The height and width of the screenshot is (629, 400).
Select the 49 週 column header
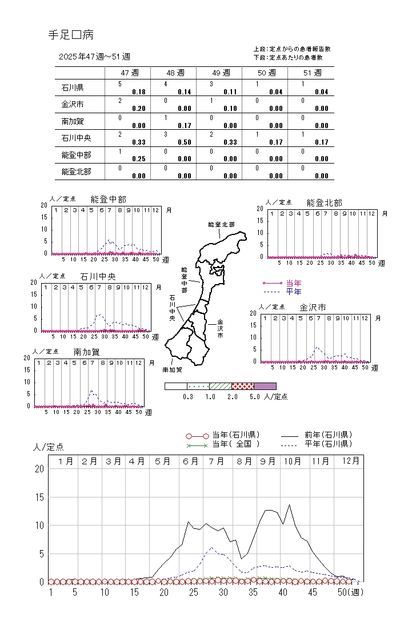pyautogui.click(x=219, y=73)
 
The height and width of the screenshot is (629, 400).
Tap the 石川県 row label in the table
pyautogui.click(x=73, y=88)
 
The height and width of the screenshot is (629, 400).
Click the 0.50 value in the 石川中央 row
pyautogui.click(x=185, y=142)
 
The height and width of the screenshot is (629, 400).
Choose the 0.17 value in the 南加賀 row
pyautogui.click(x=185, y=126)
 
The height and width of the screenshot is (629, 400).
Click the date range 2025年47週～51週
pyautogui.click(x=94, y=57)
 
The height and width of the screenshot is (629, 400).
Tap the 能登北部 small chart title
pyautogui.click(x=324, y=202)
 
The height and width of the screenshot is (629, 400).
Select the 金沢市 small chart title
pyautogui.click(x=313, y=308)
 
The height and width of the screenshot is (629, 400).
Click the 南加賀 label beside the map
pyautogui.click(x=173, y=370)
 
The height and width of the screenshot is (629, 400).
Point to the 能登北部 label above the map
pyautogui.click(x=221, y=225)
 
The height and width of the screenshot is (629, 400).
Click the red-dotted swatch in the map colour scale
pyautogui.click(x=243, y=386)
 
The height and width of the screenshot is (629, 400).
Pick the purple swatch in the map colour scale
pyautogui.click(x=265, y=386)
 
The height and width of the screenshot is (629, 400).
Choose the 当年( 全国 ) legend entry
pyautogui.click(x=235, y=444)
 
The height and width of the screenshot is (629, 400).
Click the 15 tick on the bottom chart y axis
pyautogui.click(x=39, y=497)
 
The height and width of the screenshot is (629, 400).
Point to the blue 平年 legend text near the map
pyautogui.click(x=294, y=292)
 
